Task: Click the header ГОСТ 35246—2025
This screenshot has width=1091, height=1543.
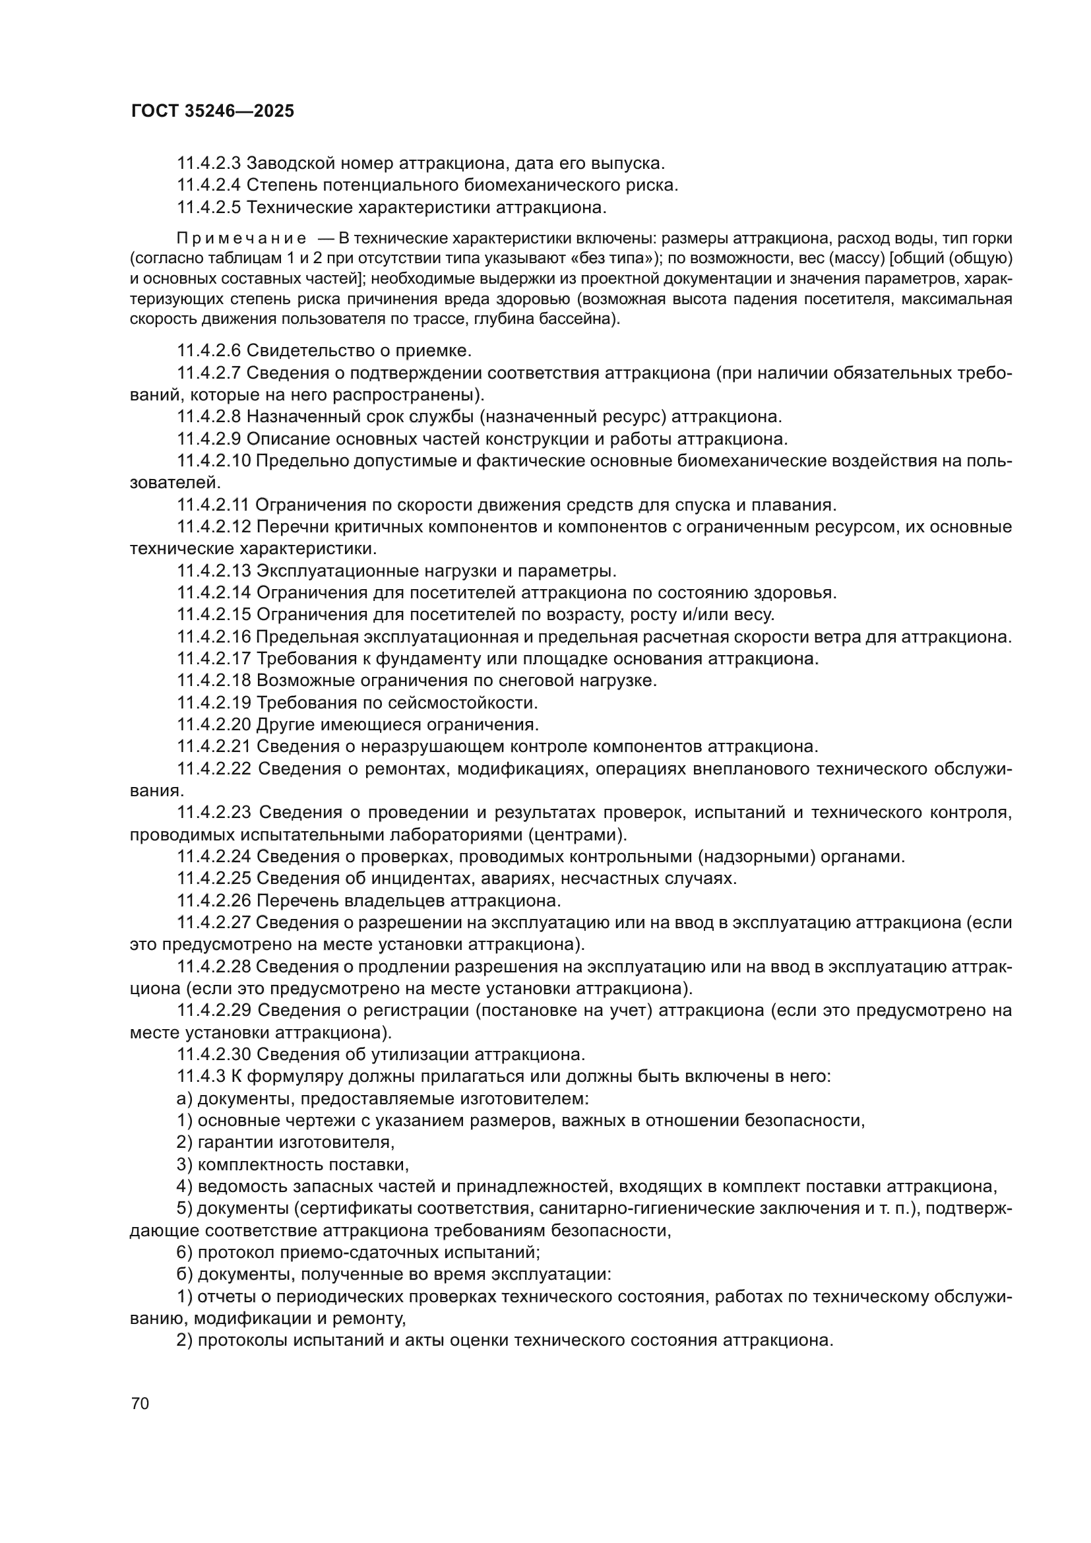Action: tap(212, 111)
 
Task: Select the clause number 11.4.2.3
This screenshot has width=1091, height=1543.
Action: tap(209, 164)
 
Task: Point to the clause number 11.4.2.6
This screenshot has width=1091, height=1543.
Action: tap(209, 350)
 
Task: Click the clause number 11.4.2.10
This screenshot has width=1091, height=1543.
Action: tap(214, 461)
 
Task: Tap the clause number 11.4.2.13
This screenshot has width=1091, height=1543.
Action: tap(214, 571)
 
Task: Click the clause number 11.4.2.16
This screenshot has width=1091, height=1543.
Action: tap(214, 637)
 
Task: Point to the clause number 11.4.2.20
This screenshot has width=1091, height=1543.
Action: tap(214, 725)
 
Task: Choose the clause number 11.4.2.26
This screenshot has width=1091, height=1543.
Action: tap(214, 900)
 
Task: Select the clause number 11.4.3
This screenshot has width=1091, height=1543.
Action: tap(201, 1076)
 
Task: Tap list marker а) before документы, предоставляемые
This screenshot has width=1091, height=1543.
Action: tap(184, 1098)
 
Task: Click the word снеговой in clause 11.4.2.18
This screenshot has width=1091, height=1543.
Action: tap(510, 681)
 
